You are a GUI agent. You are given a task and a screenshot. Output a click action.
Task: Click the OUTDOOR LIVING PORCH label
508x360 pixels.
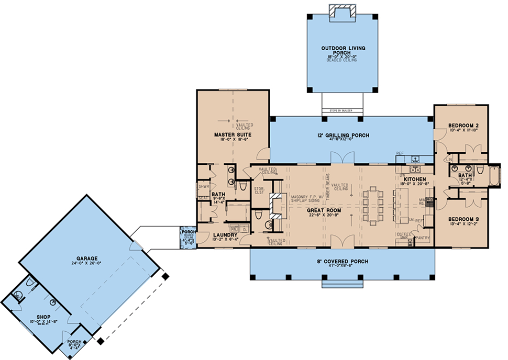pos(343,50)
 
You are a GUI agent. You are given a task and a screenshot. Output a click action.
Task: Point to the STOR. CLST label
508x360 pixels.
pos(259,191)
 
